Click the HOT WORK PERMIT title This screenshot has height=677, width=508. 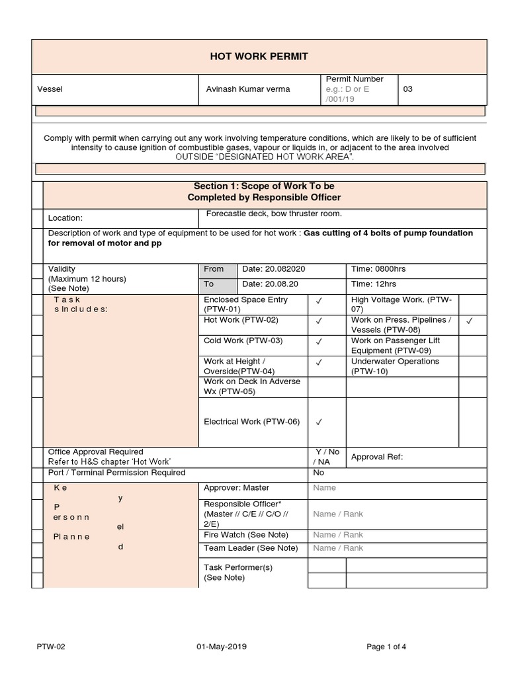(259, 56)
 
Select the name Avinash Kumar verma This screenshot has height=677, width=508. (247, 89)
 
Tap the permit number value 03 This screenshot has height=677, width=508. (407, 89)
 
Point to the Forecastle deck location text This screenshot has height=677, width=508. (274, 214)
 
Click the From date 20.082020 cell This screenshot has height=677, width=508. (273, 269)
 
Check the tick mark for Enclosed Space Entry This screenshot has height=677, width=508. (319, 301)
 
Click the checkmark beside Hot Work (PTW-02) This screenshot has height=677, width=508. (319, 321)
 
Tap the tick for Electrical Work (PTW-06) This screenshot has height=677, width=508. (319, 422)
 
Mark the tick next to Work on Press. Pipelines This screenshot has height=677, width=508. (469, 321)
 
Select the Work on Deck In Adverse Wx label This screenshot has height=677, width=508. (252, 386)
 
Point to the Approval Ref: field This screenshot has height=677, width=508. (376, 457)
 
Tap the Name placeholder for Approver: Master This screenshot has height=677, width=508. (324, 488)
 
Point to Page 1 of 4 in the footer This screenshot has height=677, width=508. (387, 647)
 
